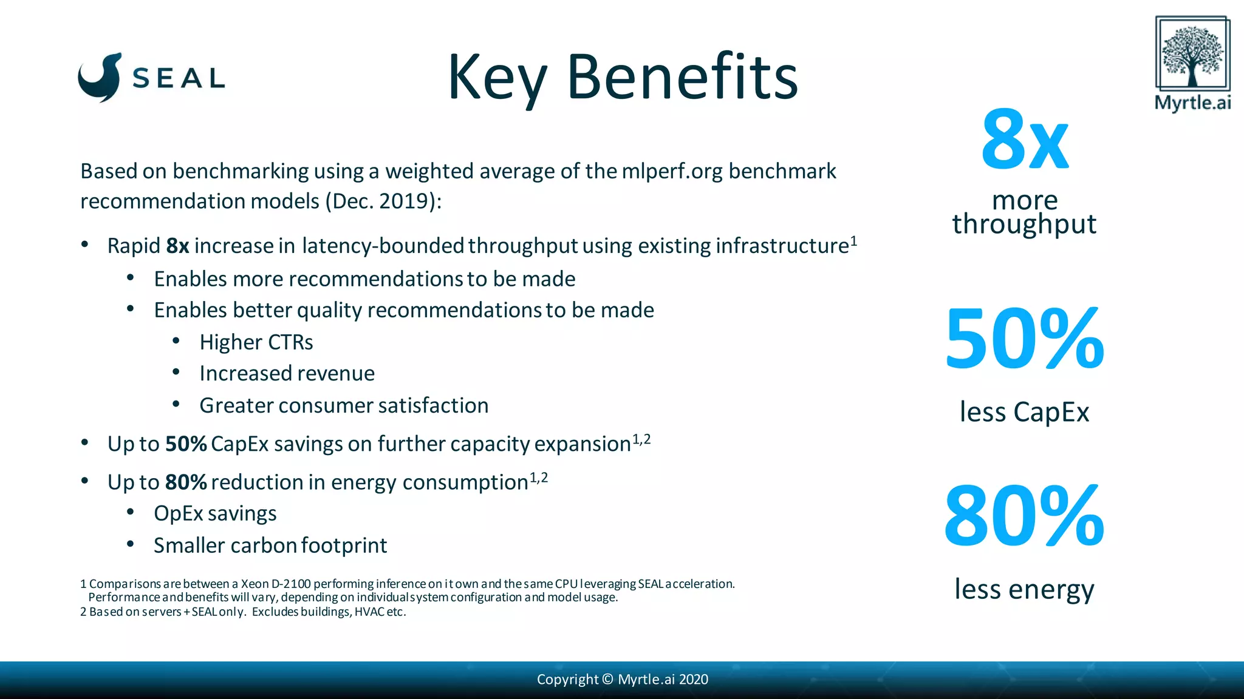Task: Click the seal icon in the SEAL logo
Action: point(100,78)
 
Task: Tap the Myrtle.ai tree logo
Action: point(1192,54)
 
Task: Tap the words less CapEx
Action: point(1024,412)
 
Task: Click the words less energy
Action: point(1024,589)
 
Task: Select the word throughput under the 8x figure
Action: point(1024,224)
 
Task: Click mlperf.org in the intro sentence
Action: point(672,171)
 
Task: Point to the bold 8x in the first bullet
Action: point(177,246)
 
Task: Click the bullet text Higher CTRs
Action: point(256,342)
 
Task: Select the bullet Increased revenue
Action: point(287,373)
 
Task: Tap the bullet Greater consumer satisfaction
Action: point(344,405)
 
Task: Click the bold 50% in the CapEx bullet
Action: point(186,444)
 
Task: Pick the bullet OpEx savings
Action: point(215,513)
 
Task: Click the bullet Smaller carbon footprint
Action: point(270,545)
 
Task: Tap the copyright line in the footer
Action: point(622,680)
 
